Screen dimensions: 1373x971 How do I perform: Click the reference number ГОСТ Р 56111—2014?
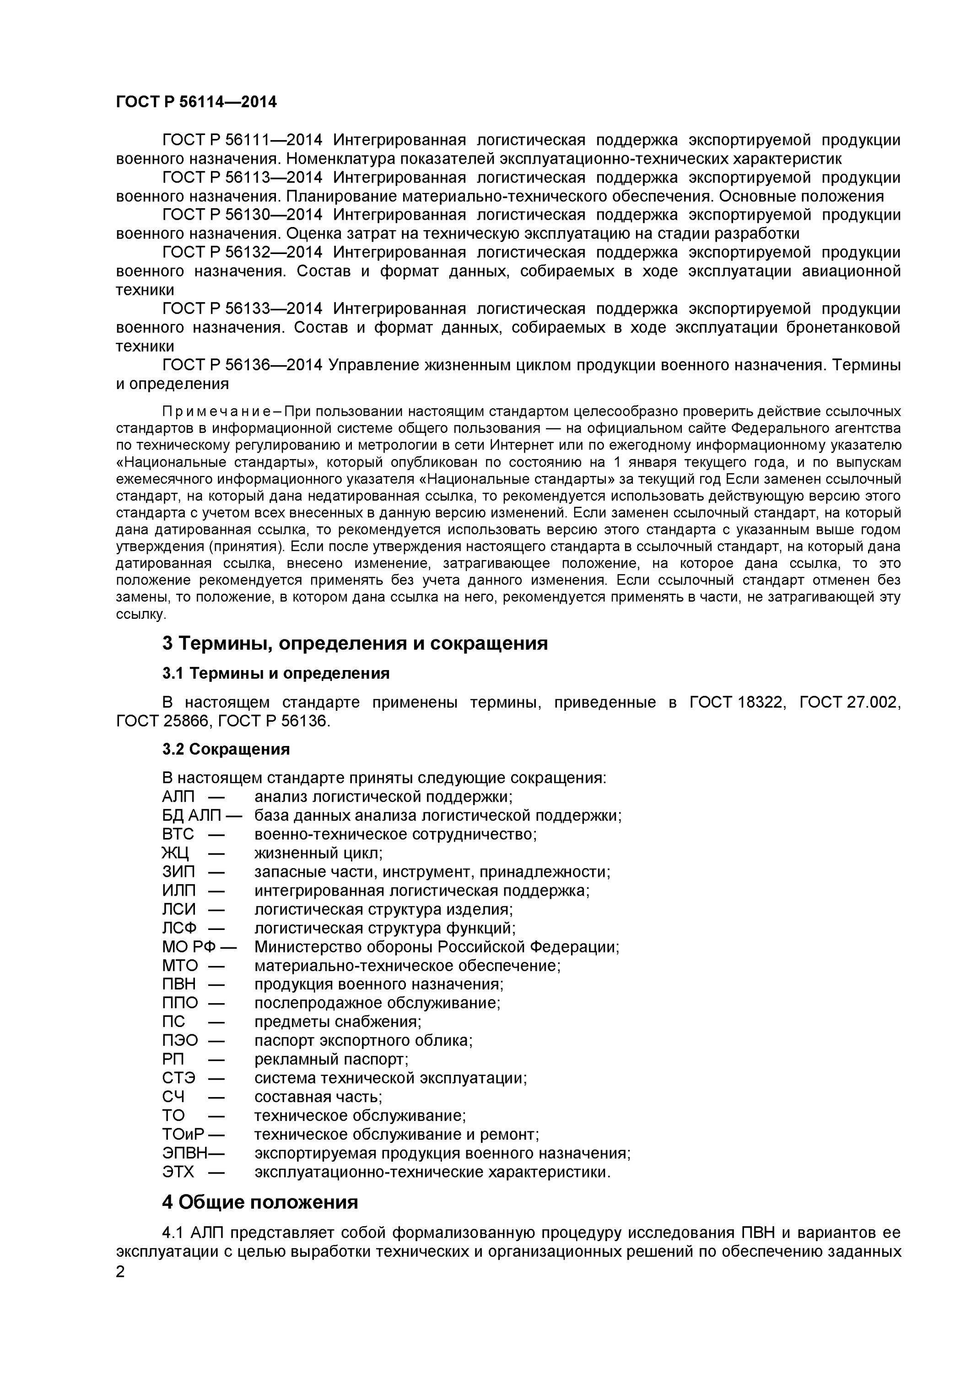coord(242,140)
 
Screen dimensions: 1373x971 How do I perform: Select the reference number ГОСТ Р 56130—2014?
coord(242,215)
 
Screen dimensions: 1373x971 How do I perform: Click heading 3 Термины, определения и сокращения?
coord(355,643)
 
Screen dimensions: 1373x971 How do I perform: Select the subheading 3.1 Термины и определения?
coord(275,673)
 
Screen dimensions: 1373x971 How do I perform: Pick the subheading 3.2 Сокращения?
coord(226,749)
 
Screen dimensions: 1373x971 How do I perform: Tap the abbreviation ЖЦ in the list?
coord(175,853)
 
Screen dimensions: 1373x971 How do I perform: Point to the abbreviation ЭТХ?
coord(178,1172)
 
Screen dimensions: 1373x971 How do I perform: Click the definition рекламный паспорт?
coord(331,1059)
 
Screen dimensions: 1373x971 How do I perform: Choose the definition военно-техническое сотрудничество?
coord(395,834)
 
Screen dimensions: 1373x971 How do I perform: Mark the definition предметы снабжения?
coord(338,1022)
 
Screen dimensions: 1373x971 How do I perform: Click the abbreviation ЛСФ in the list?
coord(179,928)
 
